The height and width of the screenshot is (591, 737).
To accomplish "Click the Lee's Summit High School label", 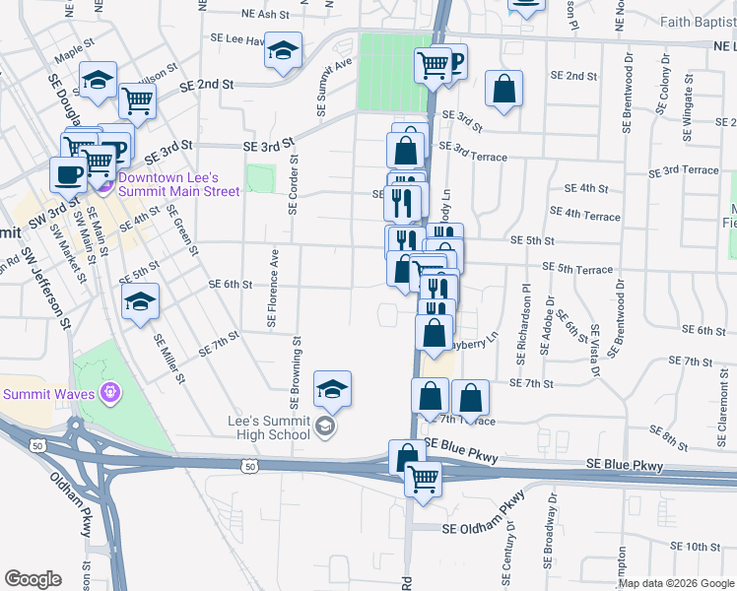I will click(x=269, y=427).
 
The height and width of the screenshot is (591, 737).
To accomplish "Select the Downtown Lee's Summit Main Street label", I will click(x=178, y=184).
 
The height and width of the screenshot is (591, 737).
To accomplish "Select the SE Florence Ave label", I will click(x=272, y=289).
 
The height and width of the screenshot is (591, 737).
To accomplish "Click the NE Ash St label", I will click(x=266, y=15).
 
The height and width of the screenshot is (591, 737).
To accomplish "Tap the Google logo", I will click(x=33, y=579).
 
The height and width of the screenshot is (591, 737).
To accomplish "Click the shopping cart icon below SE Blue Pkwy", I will click(x=424, y=481).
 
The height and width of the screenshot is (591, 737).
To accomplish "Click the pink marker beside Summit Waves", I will click(x=109, y=394).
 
